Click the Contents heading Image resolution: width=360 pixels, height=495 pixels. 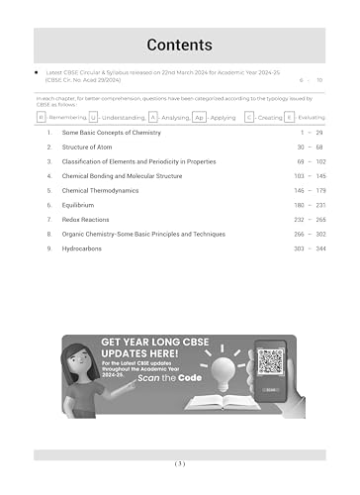pyautogui.click(x=179, y=45)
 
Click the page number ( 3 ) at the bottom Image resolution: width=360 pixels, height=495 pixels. pyautogui.click(x=179, y=463)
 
